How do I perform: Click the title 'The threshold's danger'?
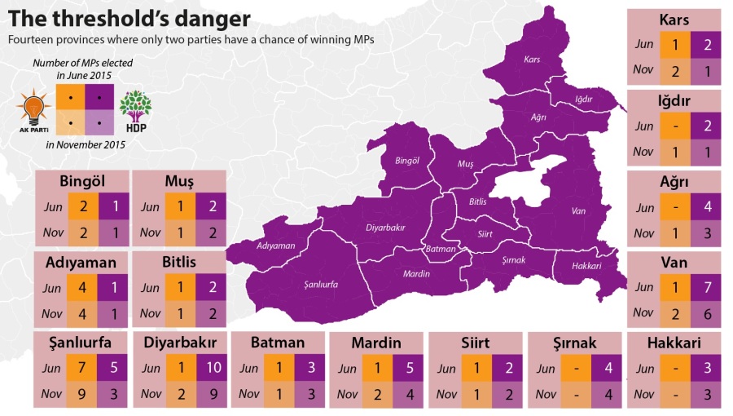pos(129,18)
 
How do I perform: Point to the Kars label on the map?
pos(533,60)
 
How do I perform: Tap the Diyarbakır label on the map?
pos(385,228)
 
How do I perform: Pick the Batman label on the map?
pos(441,249)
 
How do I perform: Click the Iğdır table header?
pos(674,101)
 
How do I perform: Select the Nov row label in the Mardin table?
pos(347,395)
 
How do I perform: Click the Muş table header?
pos(179,181)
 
